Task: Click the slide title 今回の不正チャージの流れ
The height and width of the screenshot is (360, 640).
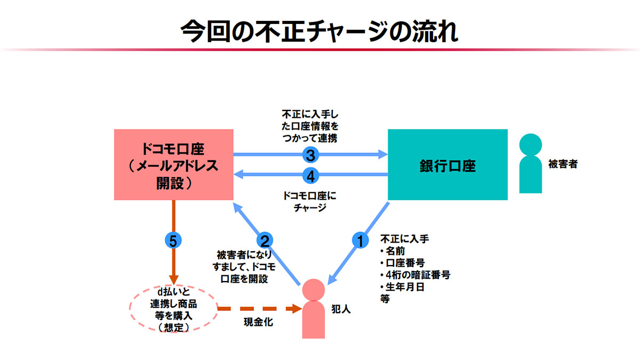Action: tap(319, 31)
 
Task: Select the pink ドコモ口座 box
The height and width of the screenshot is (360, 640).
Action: tap(174, 165)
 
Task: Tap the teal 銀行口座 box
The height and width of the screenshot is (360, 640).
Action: tap(447, 165)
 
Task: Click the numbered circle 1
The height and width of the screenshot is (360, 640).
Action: tap(360, 241)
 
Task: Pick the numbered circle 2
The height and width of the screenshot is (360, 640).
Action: tap(265, 241)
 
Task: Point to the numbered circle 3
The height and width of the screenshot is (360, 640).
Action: tap(310, 155)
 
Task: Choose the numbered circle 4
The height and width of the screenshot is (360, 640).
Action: tap(310, 175)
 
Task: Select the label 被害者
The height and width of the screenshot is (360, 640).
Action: tap(563, 164)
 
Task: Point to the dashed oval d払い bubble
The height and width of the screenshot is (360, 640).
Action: tap(173, 308)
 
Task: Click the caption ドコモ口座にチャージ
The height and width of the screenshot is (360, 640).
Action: tap(310, 201)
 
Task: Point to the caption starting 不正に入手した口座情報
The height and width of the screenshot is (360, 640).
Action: tap(310, 126)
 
